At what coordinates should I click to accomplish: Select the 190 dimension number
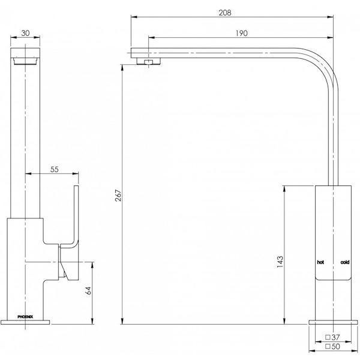(x=242, y=34)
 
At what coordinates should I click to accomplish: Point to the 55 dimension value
(x=54, y=170)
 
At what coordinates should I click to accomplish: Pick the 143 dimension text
(x=280, y=262)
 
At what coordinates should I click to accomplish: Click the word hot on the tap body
(x=321, y=262)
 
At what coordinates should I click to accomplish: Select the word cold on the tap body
(x=344, y=262)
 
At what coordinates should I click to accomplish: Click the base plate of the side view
(x=332, y=322)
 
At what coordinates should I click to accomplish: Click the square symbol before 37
(x=328, y=337)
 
